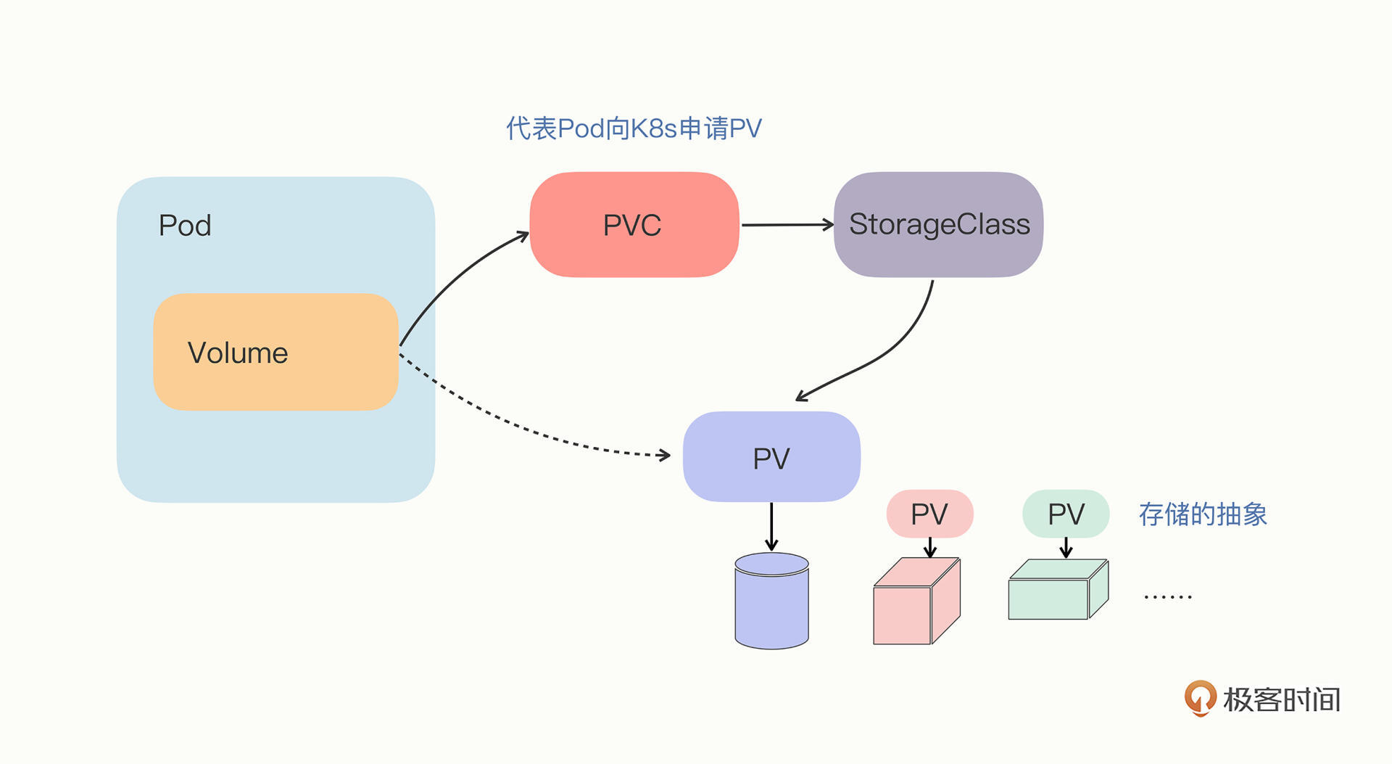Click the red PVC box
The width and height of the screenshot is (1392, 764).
tap(634, 225)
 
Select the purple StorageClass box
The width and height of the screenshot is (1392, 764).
tap(938, 225)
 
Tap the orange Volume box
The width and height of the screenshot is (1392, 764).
tap(275, 353)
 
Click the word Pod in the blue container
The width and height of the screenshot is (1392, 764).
tap(185, 226)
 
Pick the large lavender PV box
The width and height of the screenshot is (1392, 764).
tap(771, 457)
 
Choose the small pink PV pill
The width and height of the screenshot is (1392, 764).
tap(929, 514)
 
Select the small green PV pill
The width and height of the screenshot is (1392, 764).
tap(1066, 514)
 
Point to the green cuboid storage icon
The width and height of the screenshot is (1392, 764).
tap(1058, 590)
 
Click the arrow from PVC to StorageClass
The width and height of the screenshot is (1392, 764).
tap(787, 225)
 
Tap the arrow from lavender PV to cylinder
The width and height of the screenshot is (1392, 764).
tap(771, 527)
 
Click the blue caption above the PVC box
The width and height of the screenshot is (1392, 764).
tap(634, 128)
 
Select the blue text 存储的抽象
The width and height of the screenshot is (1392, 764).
tap(1203, 514)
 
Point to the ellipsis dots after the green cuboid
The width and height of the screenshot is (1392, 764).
tap(1167, 596)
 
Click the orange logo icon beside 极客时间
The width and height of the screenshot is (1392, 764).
tap(1200, 698)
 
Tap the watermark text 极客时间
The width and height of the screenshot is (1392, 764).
tap(1282, 699)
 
